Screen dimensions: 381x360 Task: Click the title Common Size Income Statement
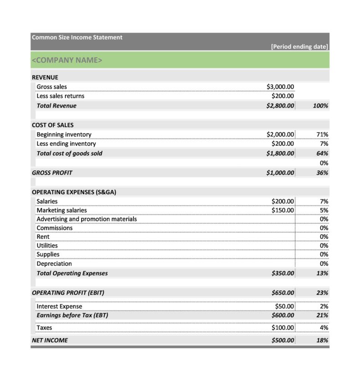(77, 37)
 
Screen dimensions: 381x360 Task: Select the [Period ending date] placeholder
(299, 46)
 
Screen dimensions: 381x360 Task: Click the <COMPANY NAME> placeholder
(67, 60)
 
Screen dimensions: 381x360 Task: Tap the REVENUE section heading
(45, 77)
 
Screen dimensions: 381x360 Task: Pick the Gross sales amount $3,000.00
(280, 87)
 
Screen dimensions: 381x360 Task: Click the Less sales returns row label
(60, 96)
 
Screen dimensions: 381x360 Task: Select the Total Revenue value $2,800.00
(280, 106)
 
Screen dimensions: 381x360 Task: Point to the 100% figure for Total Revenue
(321, 106)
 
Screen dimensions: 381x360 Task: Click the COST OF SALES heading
(52, 125)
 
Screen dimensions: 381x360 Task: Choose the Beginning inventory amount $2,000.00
(280, 134)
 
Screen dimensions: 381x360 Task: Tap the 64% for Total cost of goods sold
(322, 154)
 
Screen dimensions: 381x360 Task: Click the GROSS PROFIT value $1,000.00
(280, 173)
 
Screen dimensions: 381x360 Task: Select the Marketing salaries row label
(62, 211)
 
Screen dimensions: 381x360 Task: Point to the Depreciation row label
(54, 264)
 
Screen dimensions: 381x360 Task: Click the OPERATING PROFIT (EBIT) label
(68, 293)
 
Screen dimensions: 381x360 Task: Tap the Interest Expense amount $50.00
(284, 306)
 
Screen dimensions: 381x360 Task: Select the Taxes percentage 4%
(324, 328)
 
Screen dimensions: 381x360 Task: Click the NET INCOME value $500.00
(283, 340)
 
